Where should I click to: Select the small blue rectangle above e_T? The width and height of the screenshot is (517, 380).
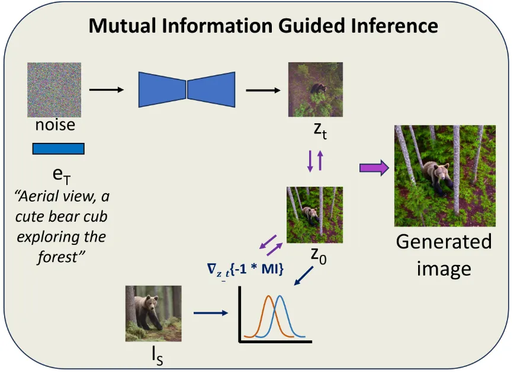(58, 148)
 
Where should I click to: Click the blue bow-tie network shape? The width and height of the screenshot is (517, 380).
(187, 90)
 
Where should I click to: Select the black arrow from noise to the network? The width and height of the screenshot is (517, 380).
(106, 90)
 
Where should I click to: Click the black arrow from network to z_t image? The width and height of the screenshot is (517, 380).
(263, 90)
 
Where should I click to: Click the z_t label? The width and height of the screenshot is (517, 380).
(317, 130)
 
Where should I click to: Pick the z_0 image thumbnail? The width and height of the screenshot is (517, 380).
(314, 214)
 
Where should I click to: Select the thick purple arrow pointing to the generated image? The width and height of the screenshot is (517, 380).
(374, 168)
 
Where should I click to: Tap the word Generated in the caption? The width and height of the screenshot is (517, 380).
(444, 241)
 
